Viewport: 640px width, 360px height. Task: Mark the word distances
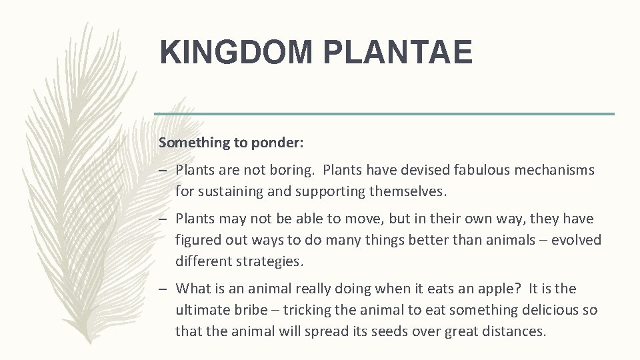click(513, 331)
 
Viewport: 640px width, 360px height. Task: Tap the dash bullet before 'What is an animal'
click(163, 289)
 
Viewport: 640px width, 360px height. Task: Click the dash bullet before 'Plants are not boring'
click(163, 171)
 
